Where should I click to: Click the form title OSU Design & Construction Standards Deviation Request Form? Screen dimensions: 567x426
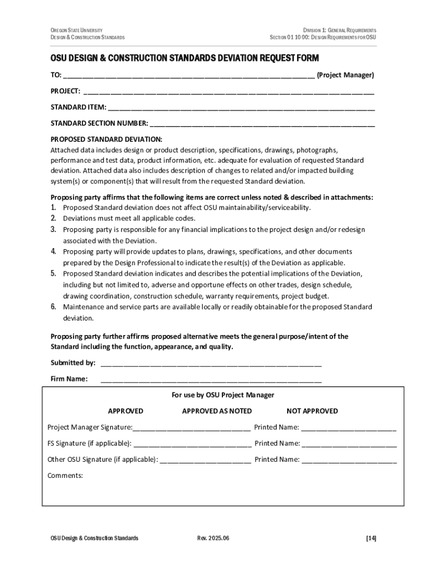click(185, 58)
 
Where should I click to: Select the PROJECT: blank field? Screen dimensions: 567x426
click(228, 92)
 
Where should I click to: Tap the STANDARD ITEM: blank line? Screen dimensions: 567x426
click(241, 108)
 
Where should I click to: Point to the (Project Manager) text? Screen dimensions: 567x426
click(345, 75)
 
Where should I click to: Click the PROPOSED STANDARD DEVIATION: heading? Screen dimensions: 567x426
click(106, 139)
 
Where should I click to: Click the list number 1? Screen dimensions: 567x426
click(54, 208)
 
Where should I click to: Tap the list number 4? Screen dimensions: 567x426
click(54, 251)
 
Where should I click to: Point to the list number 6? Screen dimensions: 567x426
click(54, 307)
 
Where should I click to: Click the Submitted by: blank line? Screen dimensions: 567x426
click(211, 364)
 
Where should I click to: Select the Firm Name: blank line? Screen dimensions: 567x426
click(211, 380)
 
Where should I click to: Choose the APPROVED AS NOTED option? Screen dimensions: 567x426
click(217, 411)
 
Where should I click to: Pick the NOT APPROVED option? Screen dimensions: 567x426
click(312, 411)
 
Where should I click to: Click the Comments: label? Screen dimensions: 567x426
click(65, 475)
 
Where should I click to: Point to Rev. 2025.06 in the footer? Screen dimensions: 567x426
click(213, 538)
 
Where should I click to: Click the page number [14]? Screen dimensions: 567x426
click(371, 538)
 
